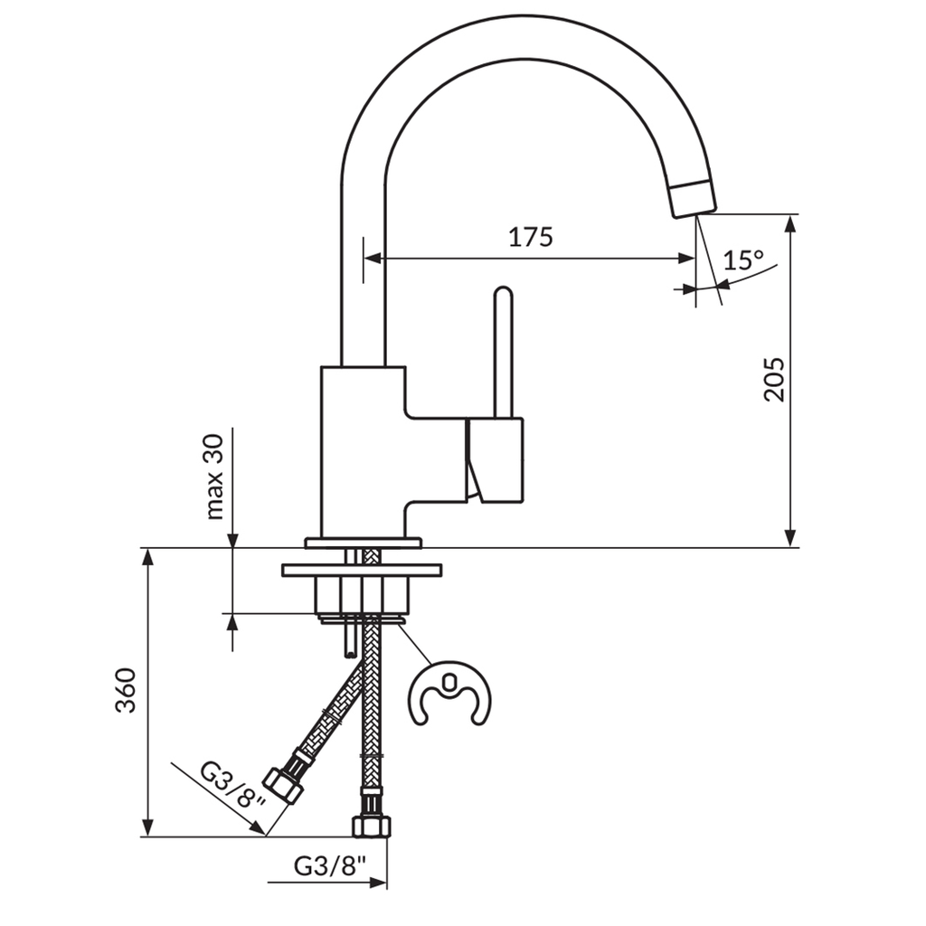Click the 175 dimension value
tap(530, 237)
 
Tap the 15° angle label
tap(743, 261)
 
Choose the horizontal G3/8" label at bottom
tap(330, 865)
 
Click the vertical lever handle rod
tap(503, 353)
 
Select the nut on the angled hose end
tap(283, 784)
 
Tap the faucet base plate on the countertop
tap(363, 543)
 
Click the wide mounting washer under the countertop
tap(361, 571)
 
